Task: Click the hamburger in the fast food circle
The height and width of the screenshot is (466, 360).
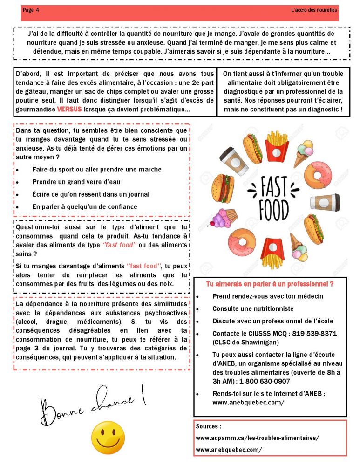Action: pos(221,188)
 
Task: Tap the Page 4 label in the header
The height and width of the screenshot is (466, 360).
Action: pos(31,10)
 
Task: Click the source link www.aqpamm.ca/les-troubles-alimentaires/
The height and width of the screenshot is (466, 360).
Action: pos(257,438)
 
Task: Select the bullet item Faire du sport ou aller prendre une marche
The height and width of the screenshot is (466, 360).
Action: pos(97,170)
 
